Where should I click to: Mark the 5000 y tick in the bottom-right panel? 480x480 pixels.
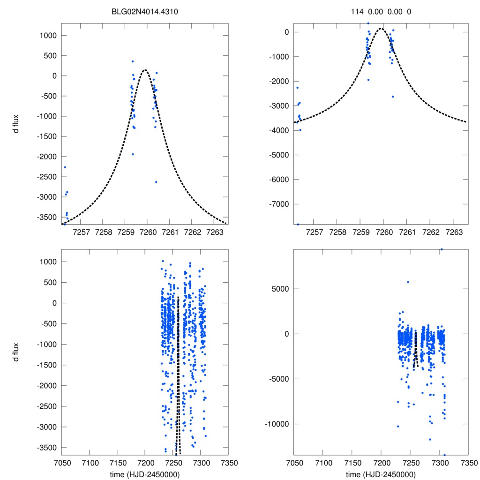tap(280, 289)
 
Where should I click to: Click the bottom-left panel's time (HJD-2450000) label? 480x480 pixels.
tap(145, 474)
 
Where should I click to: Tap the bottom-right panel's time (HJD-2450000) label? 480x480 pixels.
tap(381, 474)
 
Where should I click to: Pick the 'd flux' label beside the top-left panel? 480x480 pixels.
tap(16, 126)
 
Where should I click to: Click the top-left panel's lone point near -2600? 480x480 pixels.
tap(156, 182)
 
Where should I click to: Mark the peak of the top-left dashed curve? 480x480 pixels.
tap(145, 70)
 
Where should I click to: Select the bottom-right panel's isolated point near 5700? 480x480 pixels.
tap(408, 282)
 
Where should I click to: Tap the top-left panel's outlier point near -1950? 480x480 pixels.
tap(133, 154)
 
